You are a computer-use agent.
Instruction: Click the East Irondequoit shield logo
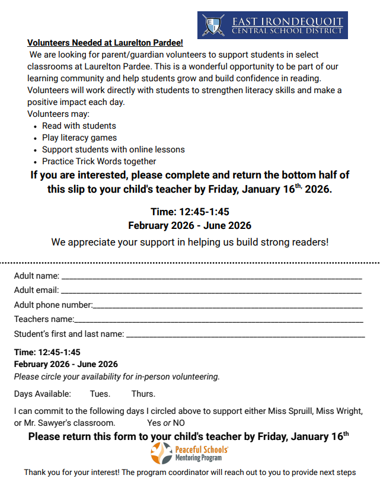213,25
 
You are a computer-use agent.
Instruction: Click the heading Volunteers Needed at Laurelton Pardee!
105,43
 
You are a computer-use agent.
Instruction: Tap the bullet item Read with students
79,126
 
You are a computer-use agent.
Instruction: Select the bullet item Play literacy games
79,138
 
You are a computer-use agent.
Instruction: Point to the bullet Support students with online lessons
113,149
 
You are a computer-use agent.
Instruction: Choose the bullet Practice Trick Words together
99,161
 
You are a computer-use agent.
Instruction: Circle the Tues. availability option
100,394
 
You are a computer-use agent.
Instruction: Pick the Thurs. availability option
143,394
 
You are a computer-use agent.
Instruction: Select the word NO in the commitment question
178,423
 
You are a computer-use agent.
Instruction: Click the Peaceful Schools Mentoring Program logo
190,454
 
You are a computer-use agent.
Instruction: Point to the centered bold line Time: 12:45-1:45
190,212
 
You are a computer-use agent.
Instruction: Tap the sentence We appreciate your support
190,242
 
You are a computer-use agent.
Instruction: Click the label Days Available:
43,394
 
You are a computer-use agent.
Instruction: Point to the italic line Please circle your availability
117,377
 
